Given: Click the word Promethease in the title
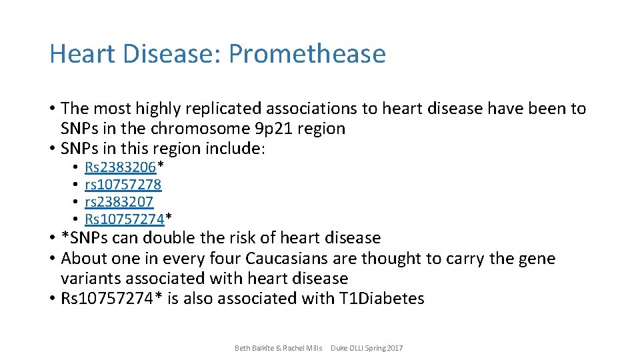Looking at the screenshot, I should [307, 54].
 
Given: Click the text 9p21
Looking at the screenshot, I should [252, 129].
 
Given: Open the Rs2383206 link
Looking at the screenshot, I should [120, 167].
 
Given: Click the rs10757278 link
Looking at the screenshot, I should [123, 184].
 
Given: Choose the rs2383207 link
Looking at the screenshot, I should [119, 201].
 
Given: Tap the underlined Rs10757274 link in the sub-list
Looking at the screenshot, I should [124, 219].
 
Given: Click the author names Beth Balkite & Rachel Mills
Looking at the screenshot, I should [279, 348].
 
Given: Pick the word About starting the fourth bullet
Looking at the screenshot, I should [83, 259].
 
